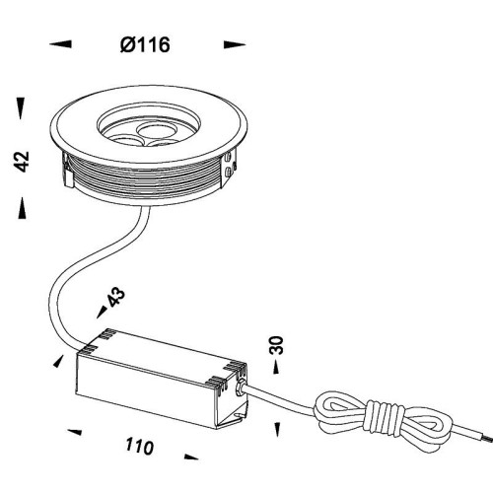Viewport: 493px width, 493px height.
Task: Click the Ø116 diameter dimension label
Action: pos(145,45)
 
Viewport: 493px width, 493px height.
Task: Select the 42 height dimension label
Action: pos(23,162)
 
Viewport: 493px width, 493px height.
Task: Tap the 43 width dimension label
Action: pos(116,297)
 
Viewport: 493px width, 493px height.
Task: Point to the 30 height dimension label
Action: pos(276,345)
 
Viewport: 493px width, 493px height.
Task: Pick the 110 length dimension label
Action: pos(139,447)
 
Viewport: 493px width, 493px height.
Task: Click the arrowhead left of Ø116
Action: pos(60,44)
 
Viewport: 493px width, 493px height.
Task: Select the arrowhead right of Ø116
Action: pos(235,44)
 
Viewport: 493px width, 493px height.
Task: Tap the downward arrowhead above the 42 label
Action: pos(21,108)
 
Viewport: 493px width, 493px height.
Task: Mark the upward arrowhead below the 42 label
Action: pos(22,208)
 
